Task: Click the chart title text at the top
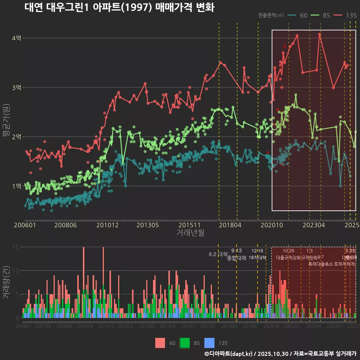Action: tap(119, 8)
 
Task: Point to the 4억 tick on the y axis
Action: tap(16, 38)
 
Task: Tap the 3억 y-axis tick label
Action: tap(16, 87)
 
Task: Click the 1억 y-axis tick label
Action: tap(16, 186)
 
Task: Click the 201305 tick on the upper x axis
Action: tap(147, 225)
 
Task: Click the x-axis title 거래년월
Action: tap(190, 233)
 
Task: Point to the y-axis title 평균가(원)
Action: tap(6, 120)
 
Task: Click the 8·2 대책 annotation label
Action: tap(218, 254)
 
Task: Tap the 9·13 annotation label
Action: tap(236, 250)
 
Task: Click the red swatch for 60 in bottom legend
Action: tap(160, 343)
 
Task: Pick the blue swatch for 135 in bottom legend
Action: tap(209, 343)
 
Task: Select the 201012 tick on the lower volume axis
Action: tap(106, 326)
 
